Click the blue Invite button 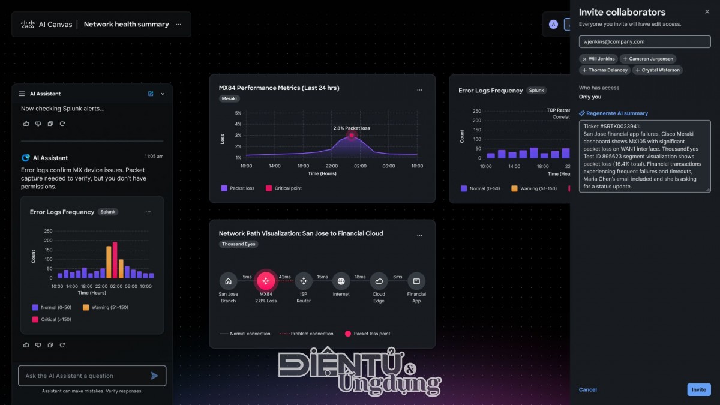[x=698, y=389]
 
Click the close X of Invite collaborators [x=707, y=11]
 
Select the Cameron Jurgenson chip [x=648, y=59]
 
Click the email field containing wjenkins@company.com [x=644, y=42]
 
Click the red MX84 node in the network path [x=266, y=281]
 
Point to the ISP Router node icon [x=304, y=281]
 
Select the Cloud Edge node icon [x=379, y=281]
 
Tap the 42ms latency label [x=284, y=277]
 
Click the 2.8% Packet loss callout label [x=352, y=128]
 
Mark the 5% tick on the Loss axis [x=238, y=113]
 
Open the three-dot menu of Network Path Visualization [x=419, y=233]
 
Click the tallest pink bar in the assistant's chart [x=115, y=260]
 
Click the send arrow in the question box [x=154, y=376]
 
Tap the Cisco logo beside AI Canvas [x=28, y=25]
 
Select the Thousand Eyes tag [x=238, y=244]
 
